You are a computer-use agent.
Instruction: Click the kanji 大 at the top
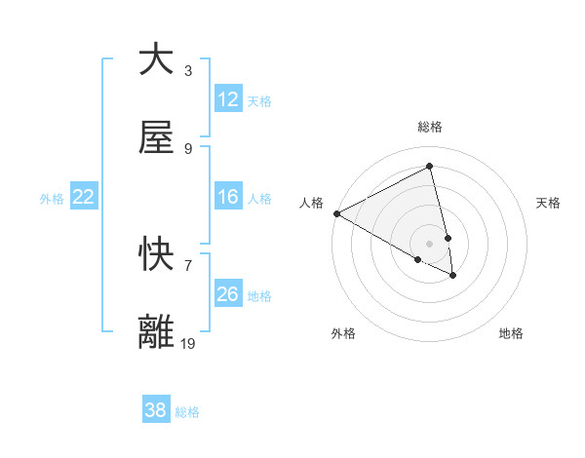[156, 59]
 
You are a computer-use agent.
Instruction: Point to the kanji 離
[156, 331]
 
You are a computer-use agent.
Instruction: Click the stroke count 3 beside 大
[188, 71]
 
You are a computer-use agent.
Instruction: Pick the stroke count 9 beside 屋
[188, 149]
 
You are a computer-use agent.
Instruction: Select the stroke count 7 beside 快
[188, 265]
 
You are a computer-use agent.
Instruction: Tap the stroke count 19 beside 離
[188, 343]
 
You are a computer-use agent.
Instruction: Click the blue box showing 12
[227, 99]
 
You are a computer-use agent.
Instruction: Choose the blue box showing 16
[227, 197]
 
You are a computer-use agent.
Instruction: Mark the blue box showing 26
[227, 293]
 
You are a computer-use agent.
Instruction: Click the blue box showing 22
[83, 197]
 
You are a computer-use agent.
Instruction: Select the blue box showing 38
[155, 410]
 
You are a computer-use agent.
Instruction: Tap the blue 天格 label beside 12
[258, 100]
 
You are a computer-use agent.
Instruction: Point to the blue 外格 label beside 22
[52, 198]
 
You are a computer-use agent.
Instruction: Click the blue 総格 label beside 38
[186, 411]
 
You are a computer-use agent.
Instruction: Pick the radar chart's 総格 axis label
[430, 127]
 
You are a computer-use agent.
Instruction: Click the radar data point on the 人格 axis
[336, 213]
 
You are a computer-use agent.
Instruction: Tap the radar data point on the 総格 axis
[430, 167]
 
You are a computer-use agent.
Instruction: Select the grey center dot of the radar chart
[430, 243]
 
